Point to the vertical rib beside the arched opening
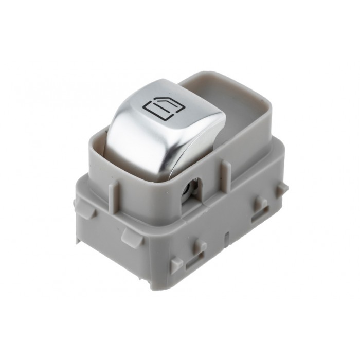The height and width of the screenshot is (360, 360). coord(225,170)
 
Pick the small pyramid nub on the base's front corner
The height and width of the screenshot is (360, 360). coord(176,263)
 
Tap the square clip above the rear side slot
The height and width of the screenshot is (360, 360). coord(261,204)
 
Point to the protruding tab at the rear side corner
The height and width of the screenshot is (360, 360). coord(281,189)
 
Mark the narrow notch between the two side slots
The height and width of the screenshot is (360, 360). coord(227,238)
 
